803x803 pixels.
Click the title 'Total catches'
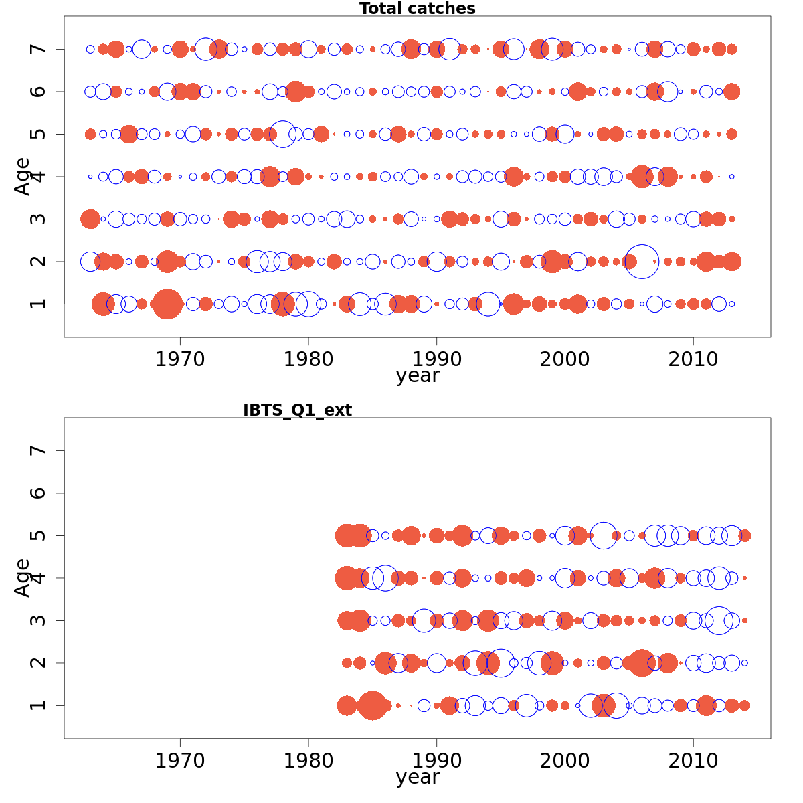pyautogui.click(x=417, y=9)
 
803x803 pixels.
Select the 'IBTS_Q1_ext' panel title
pyautogui.click(x=297, y=410)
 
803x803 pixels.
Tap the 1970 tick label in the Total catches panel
pyautogui.click(x=180, y=359)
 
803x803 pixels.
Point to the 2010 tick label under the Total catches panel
pyautogui.click(x=693, y=359)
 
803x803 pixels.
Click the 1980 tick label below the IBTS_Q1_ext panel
pyautogui.click(x=308, y=761)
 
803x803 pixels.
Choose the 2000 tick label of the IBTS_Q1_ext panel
pyautogui.click(x=565, y=761)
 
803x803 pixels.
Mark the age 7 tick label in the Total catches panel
pyautogui.click(x=39, y=49)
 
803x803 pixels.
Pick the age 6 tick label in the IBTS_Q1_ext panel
pyautogui.click(x=39, y=493)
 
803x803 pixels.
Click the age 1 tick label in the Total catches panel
pyautogui.click(x=39, y=304)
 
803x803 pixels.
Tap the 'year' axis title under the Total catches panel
pyautogui.click(x=418, y=375)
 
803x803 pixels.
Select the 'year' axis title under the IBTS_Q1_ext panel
pyautogui.click(x=418, y=777)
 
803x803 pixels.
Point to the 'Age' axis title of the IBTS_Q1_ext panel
pyautogui.click(x=23, y=577)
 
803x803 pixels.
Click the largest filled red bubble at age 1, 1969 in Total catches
pyautogui.click(x=167, y=304)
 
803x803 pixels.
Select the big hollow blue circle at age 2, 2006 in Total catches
pyautogui.click(x=642, y=262)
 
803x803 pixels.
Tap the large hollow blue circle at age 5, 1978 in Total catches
pyautogui.click(x=283, y=134)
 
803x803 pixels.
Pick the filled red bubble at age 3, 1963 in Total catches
pyautogui.click(x=90, y=219)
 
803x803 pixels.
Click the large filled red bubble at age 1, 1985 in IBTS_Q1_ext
pyautogui.click(x=373, y=705)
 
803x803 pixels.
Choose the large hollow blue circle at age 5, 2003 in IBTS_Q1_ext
pyautogui.click(x=604, y=535)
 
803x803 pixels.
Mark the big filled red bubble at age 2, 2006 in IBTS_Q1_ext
pyautogui.click(x=642, y=663)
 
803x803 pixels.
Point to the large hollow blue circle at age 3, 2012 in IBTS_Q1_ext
pyautogui.click(x=719, y=620)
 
